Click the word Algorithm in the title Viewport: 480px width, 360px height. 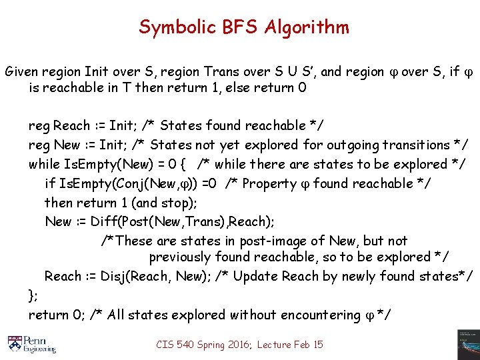pos(306,27)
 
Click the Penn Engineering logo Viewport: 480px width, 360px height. pos(31,343)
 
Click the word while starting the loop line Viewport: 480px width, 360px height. pos(43,164)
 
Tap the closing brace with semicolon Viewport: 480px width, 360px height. pos(33,295)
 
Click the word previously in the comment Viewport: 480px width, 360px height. pos(180,257)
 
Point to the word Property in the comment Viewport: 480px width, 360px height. pos(269,183)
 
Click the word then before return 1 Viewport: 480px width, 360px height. pos(58,203)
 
